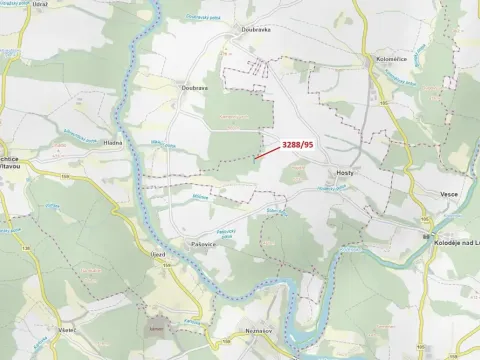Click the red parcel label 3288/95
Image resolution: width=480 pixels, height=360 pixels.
tap(298, 145)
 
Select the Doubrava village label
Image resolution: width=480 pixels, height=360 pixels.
tap(194, 87)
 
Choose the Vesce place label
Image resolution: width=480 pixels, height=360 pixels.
tap(449, 193)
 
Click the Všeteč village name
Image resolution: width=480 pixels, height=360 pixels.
tap(69, 327)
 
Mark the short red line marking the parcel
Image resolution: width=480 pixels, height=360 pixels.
tap(265, 153)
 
